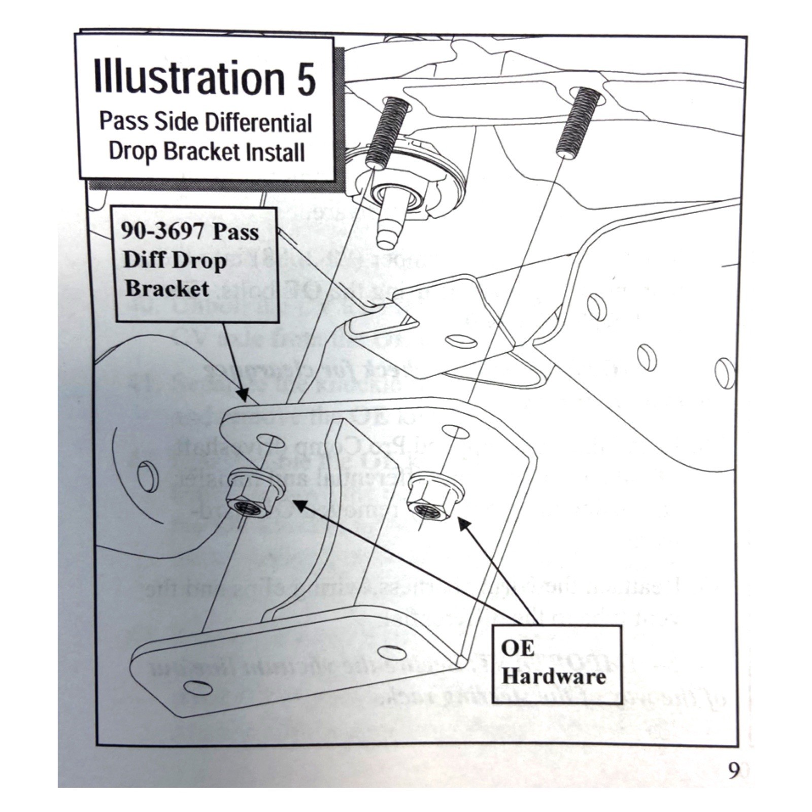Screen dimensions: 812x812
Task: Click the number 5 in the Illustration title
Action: click(x=306, y=79)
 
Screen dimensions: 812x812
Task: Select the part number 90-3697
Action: click(x=163, y=232)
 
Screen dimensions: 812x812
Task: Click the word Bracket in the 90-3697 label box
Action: click(x=166, y=289)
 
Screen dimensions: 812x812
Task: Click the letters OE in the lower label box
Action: click(x=517, y=648)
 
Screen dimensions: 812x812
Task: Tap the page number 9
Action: click(x=733, y=771)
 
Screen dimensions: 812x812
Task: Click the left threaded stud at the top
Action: click(x=388, y=132)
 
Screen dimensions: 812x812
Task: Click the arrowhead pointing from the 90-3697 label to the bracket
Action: click(x=243, y=394)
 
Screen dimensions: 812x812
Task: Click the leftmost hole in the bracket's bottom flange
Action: click(x=198, y=688)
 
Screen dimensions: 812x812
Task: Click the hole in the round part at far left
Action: click(x=147, y=477)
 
